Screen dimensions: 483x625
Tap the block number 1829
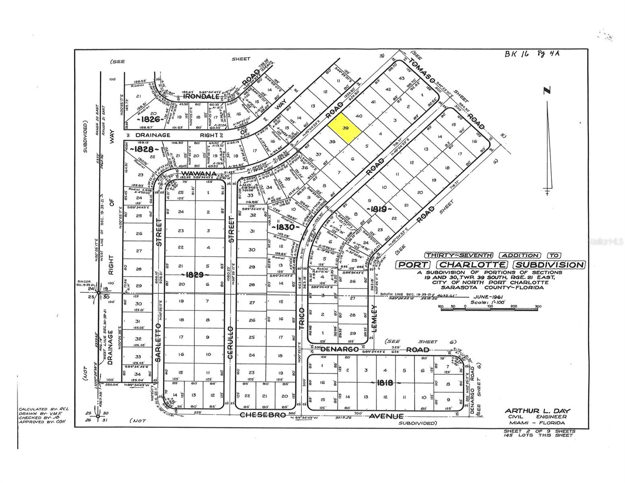pos(195,275)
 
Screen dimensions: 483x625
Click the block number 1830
pos(286,227)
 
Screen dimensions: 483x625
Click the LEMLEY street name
pos(374,318)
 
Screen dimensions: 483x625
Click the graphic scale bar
pos(489,307)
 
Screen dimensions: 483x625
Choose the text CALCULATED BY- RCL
pos(44,409)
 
